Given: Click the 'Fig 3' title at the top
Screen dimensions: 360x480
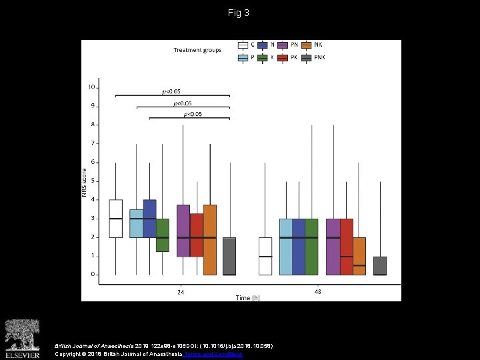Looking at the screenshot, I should click(239, 13).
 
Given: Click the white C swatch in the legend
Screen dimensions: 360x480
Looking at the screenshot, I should click(243, 45).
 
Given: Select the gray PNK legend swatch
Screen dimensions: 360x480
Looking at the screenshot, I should click(306, 58).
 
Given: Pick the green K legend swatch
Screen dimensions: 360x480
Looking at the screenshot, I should click(263, 58).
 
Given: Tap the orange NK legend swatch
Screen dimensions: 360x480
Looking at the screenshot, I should click(306, 45).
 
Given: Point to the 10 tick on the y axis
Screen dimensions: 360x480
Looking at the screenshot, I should click(91, 87).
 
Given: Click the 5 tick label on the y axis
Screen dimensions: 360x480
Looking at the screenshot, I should click(93, 181).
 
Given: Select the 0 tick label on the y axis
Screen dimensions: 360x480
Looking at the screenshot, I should click(93, 275).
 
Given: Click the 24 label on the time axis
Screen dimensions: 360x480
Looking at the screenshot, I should click(181, 292).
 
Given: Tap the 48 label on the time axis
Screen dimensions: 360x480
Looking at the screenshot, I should click(317, 292).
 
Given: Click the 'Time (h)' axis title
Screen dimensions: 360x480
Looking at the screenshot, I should click(247, 298).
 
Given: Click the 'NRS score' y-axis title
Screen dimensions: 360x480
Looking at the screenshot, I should click(85, 181).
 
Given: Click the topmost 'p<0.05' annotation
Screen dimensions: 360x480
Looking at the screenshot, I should click(171, 91).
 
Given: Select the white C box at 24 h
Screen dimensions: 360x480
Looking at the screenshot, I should click(115, 219).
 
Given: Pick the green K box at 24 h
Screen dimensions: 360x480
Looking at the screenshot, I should click(162, 235).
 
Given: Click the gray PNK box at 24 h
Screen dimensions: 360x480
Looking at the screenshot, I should click(229, 256).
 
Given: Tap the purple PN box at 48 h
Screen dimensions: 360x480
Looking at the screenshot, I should click(333, 247).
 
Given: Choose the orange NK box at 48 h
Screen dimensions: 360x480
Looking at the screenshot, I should click(359, 256).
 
